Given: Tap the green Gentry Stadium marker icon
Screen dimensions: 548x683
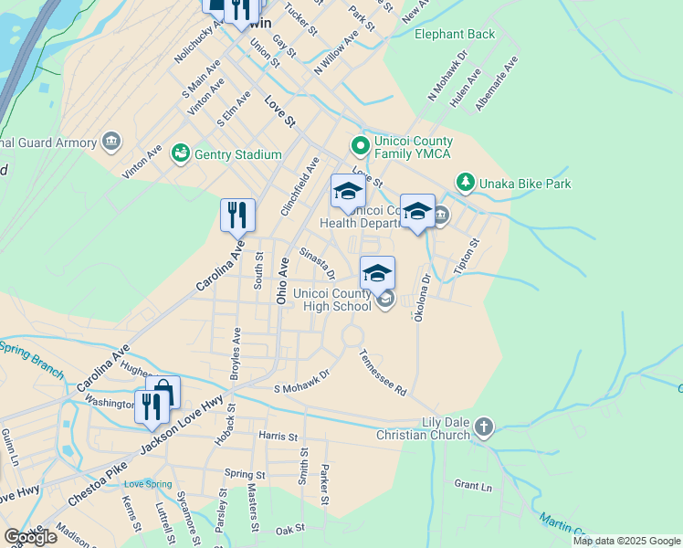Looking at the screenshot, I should (180, 153).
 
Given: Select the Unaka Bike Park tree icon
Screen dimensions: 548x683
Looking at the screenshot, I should (466, 183).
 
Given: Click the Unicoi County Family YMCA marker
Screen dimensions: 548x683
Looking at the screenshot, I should (361, 145).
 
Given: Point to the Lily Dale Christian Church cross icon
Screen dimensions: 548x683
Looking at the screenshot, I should (484, 427).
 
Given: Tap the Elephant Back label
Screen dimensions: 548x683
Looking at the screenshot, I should (454, 35).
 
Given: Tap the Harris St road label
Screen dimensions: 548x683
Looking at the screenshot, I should (278, 437).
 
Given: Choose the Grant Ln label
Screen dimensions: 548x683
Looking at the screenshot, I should (472, 484).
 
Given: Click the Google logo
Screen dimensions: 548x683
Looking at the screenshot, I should (30, 537).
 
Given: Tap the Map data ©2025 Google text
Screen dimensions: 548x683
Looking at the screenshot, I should (626, 541).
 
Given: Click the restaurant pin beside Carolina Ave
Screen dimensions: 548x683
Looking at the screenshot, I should (237, 216).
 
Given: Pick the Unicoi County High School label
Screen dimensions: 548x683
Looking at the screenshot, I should (332, 300).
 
